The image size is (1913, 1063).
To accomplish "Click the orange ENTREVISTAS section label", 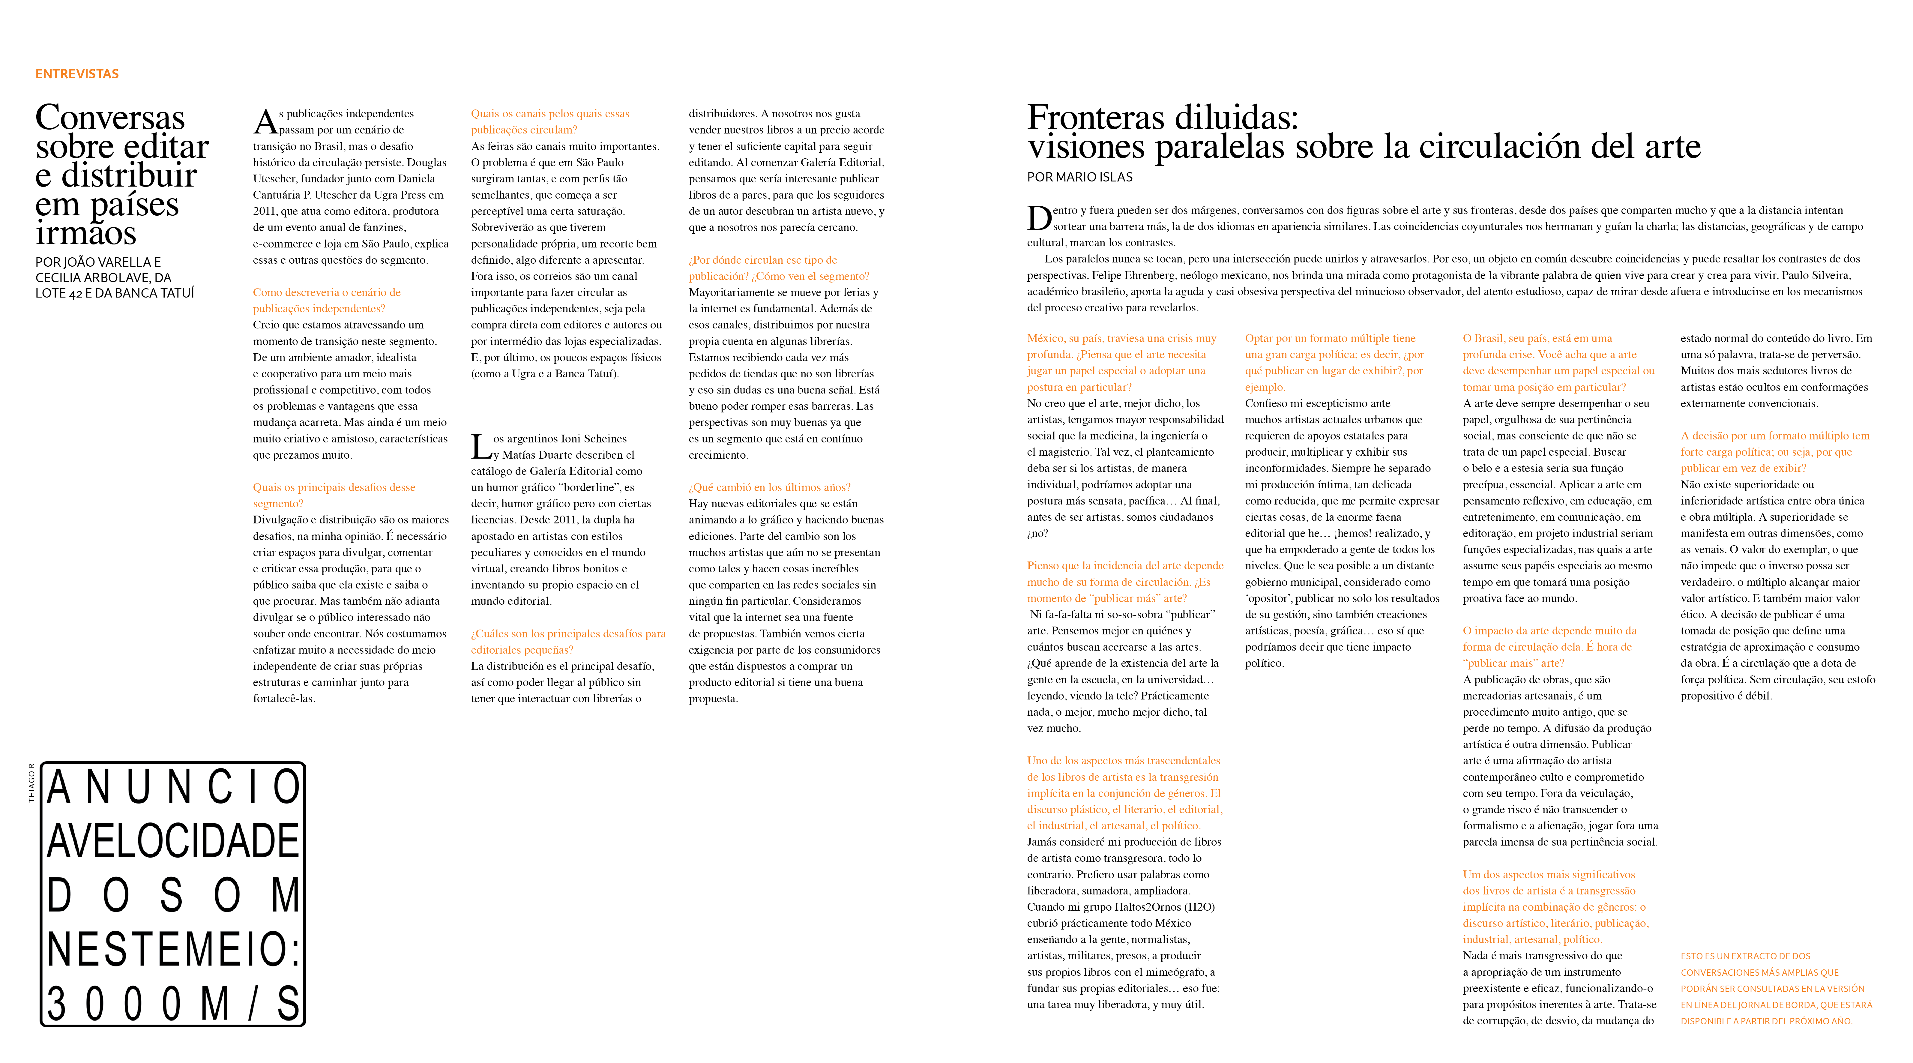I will [77, 73].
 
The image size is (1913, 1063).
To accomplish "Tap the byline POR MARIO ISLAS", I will [1080, 177].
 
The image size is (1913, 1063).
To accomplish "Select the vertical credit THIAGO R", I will [31, 782].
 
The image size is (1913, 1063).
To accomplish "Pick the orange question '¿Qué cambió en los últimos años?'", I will [769, 487].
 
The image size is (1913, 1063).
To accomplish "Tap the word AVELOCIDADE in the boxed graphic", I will [173, 841].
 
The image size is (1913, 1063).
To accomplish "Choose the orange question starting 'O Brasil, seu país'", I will [1558, 363].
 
